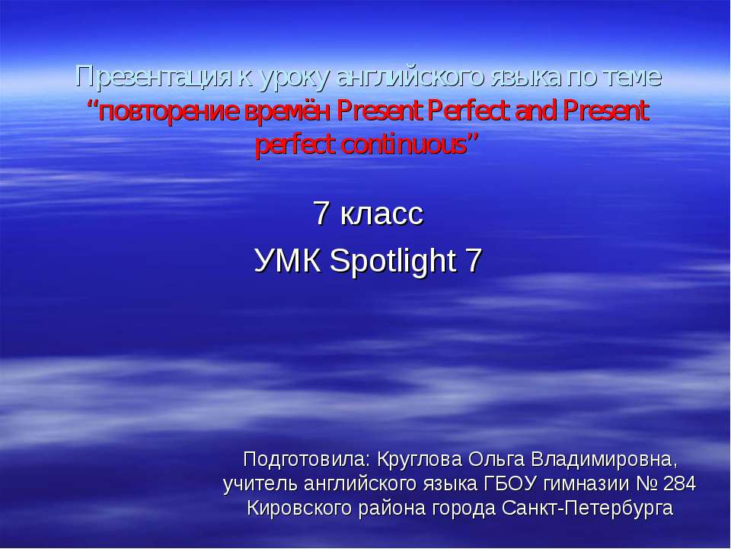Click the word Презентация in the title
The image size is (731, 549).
tap(153, 78)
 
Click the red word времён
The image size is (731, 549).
tap(287, 111)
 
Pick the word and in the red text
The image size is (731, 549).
tap(537, 111)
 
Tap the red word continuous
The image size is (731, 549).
tap(404, 145)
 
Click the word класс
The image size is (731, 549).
tap(381, 213)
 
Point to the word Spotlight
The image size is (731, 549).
tap(393, 262)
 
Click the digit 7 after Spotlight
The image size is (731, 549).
tap(473, 261)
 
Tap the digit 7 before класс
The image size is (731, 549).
tap(321, 213)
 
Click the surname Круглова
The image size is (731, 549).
tap(419, 460)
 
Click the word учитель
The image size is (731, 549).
tap(260, 484)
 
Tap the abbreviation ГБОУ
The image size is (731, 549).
tap(510, 483)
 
